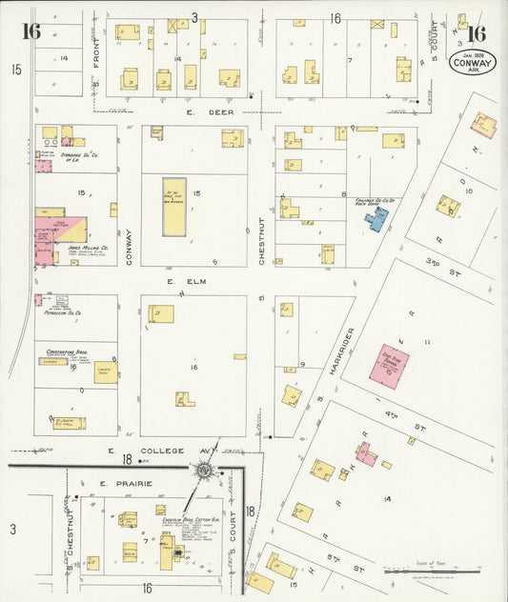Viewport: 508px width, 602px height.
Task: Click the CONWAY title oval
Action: click(473, 65)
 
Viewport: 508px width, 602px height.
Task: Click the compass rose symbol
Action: click(204, 470)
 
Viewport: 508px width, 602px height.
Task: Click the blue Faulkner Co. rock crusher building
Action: click(376, 220)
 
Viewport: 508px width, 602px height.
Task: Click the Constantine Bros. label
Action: click(68, 351)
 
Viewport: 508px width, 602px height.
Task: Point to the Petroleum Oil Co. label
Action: click(63, 311)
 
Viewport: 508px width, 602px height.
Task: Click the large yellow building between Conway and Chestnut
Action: click(174, 207)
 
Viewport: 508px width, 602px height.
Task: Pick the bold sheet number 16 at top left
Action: click(31, 31)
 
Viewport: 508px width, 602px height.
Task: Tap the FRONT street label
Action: click(96, 57)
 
